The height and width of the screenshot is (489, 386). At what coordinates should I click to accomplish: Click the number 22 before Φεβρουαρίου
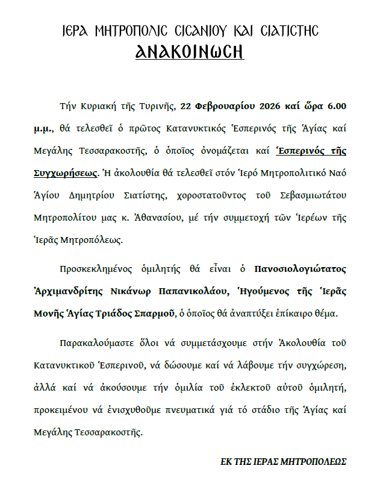coord(185,107)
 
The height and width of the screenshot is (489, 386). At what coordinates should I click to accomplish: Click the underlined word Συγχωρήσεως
coord(64,172)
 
